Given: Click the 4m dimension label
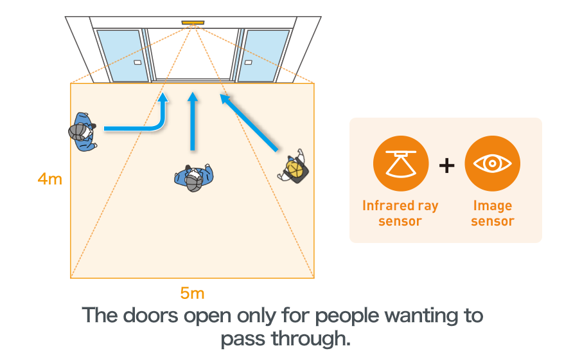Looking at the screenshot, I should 49,179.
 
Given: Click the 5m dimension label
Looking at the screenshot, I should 192,293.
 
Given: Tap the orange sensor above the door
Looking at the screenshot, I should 192,23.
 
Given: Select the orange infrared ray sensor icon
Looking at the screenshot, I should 400,164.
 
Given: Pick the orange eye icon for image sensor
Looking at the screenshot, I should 492,164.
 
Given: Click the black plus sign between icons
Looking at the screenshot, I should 446,165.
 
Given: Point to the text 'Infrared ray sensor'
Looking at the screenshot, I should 400,213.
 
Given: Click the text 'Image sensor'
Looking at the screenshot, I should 492,213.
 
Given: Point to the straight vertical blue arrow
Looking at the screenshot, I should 192,122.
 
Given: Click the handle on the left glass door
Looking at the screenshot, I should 137,63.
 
